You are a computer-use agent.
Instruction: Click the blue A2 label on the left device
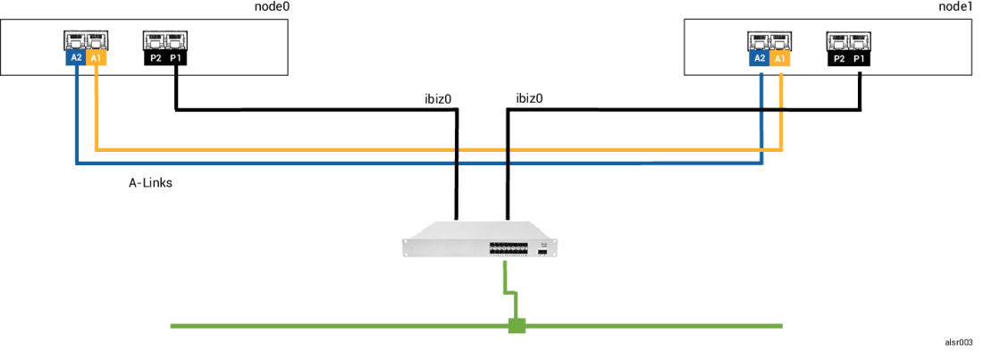tap(76, 58)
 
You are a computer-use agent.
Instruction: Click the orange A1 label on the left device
tap(97, 58)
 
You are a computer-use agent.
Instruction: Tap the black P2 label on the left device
tap(155, 58)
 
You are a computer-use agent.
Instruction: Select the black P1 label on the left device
tap(176, 58)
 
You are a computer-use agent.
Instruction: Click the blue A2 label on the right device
tap(760, 58)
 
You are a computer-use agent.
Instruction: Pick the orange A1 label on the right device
tap(780, 58)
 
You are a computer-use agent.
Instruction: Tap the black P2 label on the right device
tap(838, 58)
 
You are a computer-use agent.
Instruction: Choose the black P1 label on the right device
tap(859, 58)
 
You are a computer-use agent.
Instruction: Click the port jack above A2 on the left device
tap(76, 40)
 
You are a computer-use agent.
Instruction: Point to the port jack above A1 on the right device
tap(780, 40)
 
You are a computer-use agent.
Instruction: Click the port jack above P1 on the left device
tap(176, 40)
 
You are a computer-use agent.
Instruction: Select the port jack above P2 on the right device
tap(838, 40)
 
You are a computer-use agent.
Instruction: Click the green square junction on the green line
tap(517, 325)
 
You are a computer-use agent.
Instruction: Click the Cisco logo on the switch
tap(542, 241)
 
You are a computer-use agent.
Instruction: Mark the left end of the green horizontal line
tap(172, 326)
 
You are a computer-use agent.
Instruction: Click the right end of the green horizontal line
tap(780, 326)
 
